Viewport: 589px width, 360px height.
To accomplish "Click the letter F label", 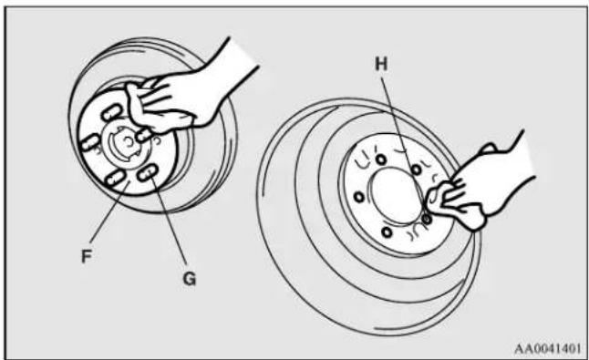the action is pyautogui.click(x=87, y=257).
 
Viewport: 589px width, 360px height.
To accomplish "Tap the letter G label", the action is pyautogui.click(x=190, y=279).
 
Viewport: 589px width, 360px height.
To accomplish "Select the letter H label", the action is pyautogui.click(x=381, y=64).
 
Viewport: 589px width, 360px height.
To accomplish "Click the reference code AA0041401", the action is pyautogui.click(x=547, y=349).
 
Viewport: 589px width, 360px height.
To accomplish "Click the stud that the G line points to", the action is pyautogui.click(x=147, y=172).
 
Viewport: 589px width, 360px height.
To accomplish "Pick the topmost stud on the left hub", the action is pyautogui.click(x=112, y=112).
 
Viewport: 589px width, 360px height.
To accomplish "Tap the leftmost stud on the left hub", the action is pyautogui.click(x=89, y=143).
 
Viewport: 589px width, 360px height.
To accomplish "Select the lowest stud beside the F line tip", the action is pyautogui.click(x=115, y=179).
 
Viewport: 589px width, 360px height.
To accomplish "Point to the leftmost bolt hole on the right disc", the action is pyautogui.click(x=359, y=197).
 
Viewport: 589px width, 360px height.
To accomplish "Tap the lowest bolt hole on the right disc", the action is pyautogui.click(x=387, y=232).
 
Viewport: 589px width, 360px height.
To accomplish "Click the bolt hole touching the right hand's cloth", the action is pyautogui.click(x=427, y=218).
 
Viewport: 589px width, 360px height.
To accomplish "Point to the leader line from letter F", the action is pyautogui.click(x=109, y=212).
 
